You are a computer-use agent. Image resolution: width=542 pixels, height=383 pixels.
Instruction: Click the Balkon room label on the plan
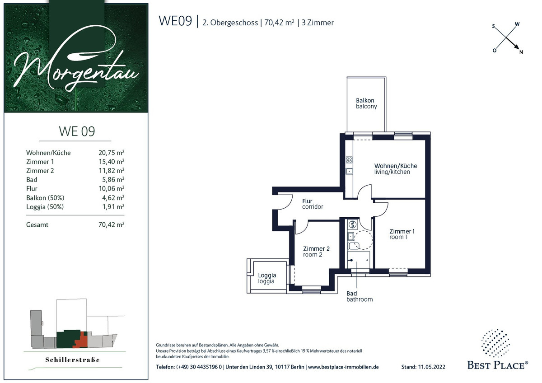point(366,103)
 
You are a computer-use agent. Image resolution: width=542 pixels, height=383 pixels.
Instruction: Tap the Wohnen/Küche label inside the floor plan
point(396,168)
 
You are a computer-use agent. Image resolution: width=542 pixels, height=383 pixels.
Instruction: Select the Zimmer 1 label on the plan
point(402,234)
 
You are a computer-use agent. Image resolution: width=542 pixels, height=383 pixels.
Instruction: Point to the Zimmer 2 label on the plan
point(316,252)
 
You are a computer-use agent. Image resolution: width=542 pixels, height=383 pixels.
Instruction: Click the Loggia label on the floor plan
point(267,278)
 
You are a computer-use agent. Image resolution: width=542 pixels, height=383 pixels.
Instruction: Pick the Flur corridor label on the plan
point(313,204)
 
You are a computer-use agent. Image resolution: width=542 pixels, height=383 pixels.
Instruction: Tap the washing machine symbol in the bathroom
point(353,224)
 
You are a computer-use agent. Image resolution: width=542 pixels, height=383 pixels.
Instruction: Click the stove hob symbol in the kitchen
point(349,160)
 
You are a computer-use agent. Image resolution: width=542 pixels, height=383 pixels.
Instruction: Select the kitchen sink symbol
point(349,171)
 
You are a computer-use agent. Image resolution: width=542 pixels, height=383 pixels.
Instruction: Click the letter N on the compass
point(521,52)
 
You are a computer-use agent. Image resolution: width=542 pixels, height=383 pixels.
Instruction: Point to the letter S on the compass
point(494,26)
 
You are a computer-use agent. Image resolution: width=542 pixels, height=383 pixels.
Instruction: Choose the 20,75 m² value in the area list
point(111,153)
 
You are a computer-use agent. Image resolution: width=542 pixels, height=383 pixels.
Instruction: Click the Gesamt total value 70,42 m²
point(111,224)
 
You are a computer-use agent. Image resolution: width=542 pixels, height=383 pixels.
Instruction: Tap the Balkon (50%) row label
point(45,198)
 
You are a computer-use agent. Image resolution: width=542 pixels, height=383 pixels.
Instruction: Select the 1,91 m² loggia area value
point(113,206)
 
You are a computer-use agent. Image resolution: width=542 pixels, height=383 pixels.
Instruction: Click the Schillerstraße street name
point(72,360)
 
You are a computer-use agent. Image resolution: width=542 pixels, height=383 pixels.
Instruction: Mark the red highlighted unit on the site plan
point(81,341)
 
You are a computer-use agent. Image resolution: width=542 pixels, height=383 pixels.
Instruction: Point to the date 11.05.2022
point(432,367)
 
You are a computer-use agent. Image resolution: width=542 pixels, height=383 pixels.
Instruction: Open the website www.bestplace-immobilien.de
point(343,367)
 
